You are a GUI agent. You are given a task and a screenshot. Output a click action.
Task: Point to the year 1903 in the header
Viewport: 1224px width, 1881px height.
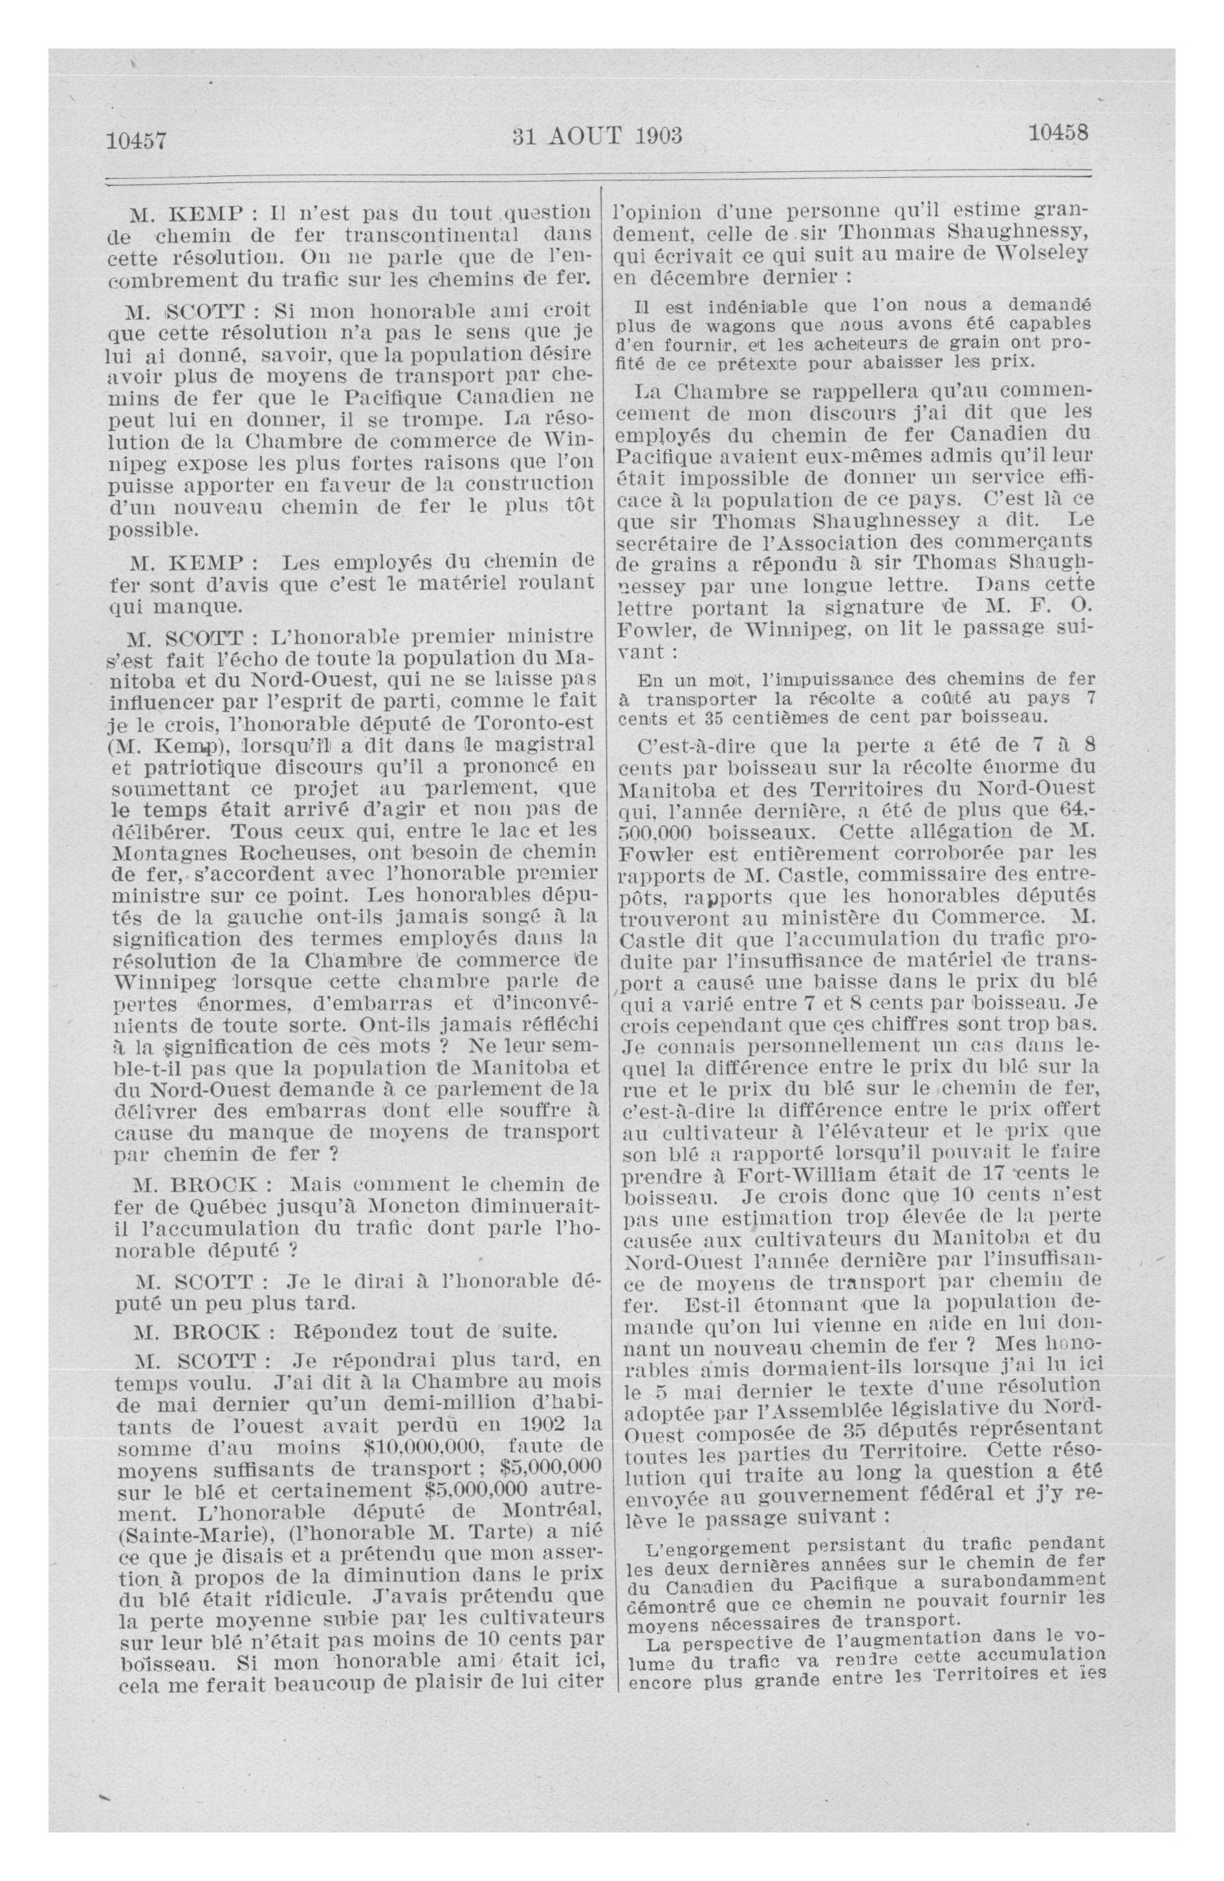657,136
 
